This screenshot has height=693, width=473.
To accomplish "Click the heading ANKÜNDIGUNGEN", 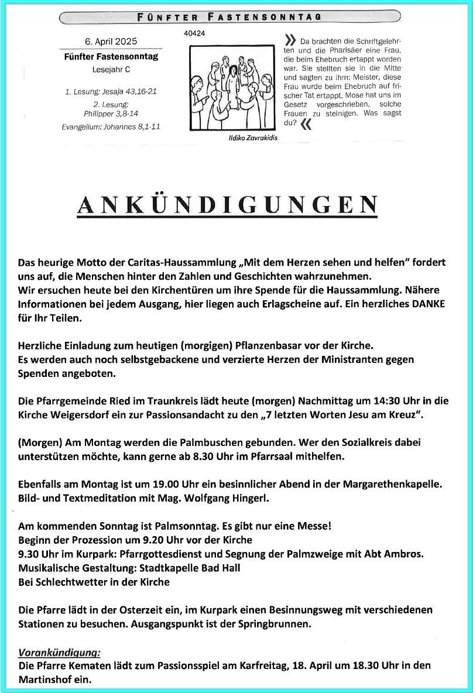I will click(x=227, y=204).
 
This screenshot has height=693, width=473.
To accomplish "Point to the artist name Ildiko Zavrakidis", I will click(x=253, y=138).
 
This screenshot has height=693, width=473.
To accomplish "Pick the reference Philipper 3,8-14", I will click(x=111, y=114).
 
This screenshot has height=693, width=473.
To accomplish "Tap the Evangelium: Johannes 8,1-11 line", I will click(x=111, y=127).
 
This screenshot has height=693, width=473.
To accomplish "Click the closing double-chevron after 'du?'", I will click(x=305, y=123).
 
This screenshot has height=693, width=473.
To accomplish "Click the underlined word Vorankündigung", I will click(x=60, y=652).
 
